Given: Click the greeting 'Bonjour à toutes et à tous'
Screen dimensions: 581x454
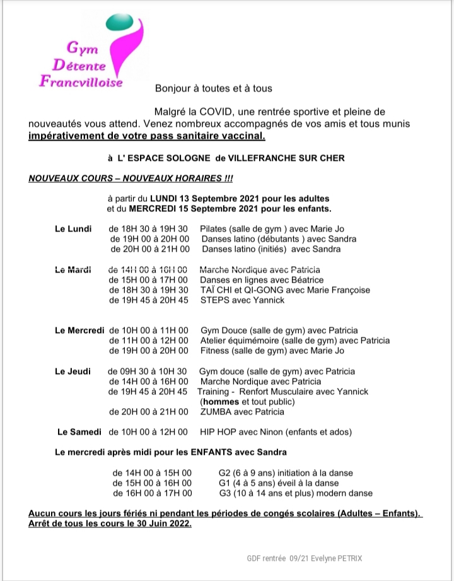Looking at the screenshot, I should pyautogui.click(x=214, y=88).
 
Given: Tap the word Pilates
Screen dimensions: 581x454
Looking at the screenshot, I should pyautogui.click(x=214, y=228).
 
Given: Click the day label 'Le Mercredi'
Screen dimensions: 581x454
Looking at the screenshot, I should pyautogui.click(x=79, y=330).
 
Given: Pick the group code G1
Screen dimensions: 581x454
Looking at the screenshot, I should pyautogui.click(x=224, y=483).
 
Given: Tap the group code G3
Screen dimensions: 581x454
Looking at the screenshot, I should pyautogui.click(x=224, y=493).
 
